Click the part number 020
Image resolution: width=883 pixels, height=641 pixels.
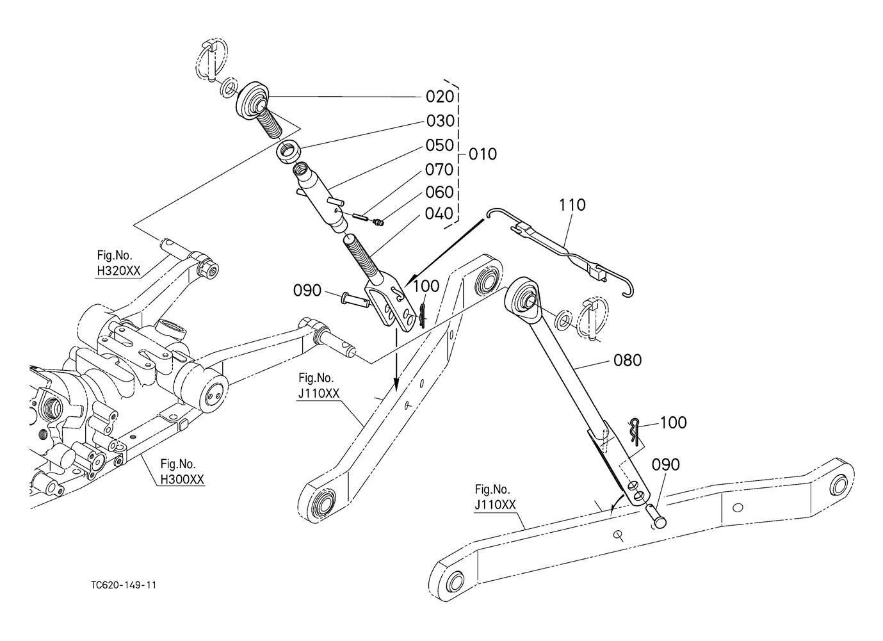[440, 97]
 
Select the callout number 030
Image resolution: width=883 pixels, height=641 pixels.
[441, 121]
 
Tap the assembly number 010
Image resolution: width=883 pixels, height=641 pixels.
[483, 154]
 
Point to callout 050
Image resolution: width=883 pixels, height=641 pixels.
[439, 145]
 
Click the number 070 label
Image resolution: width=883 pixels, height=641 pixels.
[439, 170]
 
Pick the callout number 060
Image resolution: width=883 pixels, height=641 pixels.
[439, 192]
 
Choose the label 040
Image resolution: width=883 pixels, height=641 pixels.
[439, 214]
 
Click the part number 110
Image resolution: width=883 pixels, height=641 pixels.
[572, 205]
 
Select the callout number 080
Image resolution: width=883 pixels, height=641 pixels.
[628, 361]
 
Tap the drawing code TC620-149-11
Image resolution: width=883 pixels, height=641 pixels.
[124, 585]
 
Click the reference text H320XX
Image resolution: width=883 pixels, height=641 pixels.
[118, 271]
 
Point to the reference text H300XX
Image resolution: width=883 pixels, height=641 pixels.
[182, 479]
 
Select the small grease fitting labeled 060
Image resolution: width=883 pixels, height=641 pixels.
[378, 223]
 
